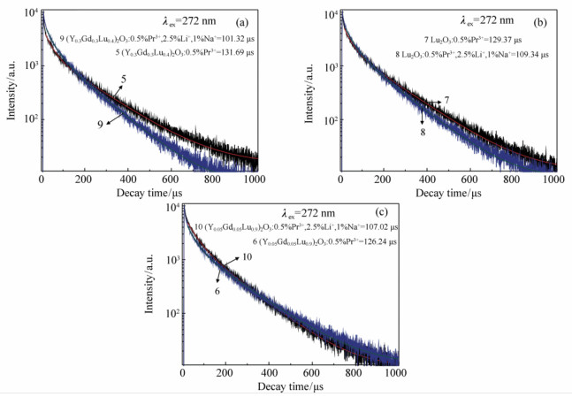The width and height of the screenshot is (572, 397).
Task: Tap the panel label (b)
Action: pos(535,18)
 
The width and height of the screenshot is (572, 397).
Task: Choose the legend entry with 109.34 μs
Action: pos(472,53)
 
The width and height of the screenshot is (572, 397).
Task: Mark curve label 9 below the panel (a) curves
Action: pos(99,125)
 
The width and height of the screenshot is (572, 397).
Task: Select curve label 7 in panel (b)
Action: pos(447,99)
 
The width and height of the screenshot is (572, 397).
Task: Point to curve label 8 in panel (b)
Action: pos(423,131)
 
